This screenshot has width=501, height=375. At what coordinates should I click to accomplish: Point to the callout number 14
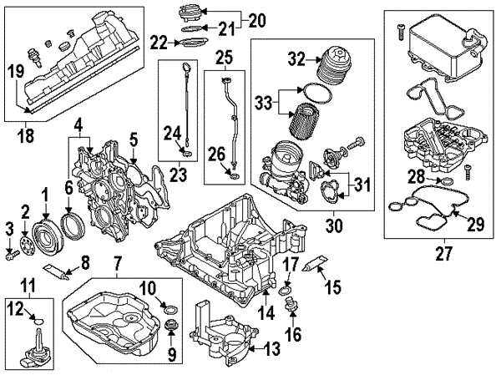click(x=267, y=315)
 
